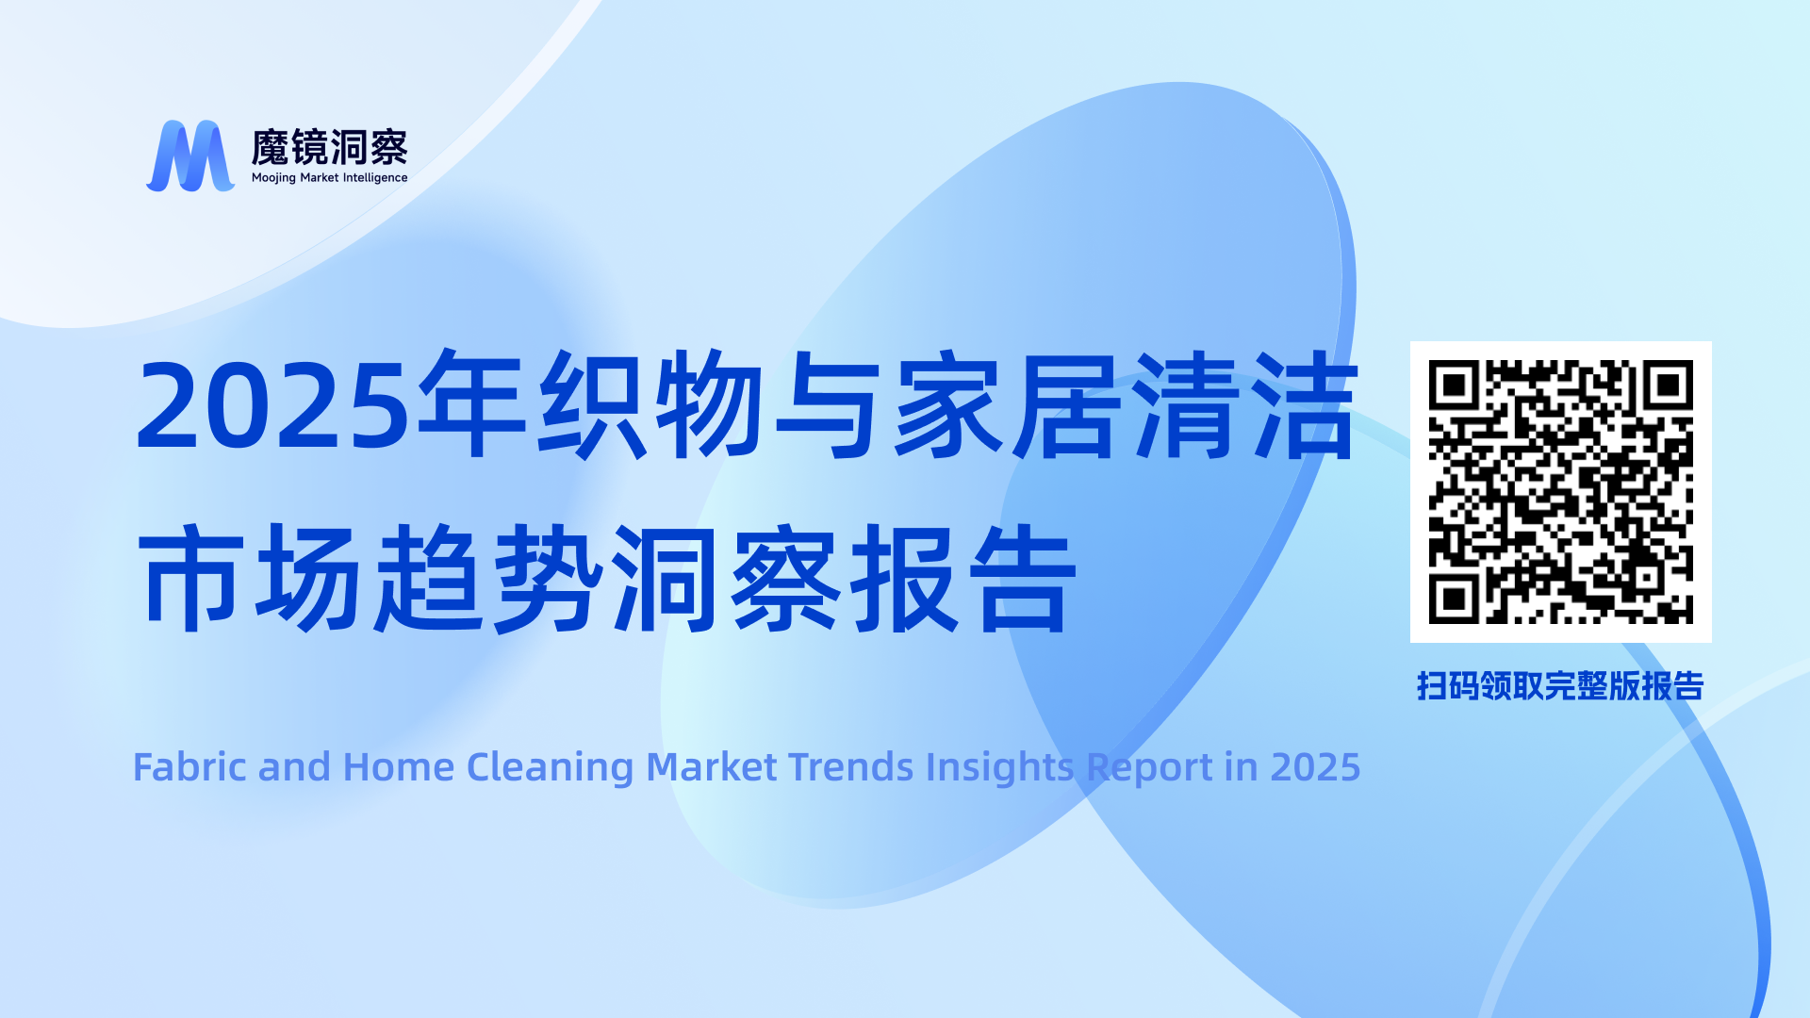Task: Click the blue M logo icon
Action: click(190, 156)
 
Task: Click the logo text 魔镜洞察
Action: click(330, 148)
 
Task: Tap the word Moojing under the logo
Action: click(273, 178)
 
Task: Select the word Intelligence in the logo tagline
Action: click(375, 178)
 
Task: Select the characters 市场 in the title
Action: click(250, 577)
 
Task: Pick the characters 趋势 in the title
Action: click(488, 577)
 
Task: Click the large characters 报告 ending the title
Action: click(963, 577)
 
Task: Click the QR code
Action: click(1561, 492)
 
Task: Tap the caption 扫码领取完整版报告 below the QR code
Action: click(1560, 686)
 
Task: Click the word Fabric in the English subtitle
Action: click(190, 767)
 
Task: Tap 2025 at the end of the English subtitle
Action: click(1316, 767)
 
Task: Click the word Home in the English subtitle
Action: click(399, 767)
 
